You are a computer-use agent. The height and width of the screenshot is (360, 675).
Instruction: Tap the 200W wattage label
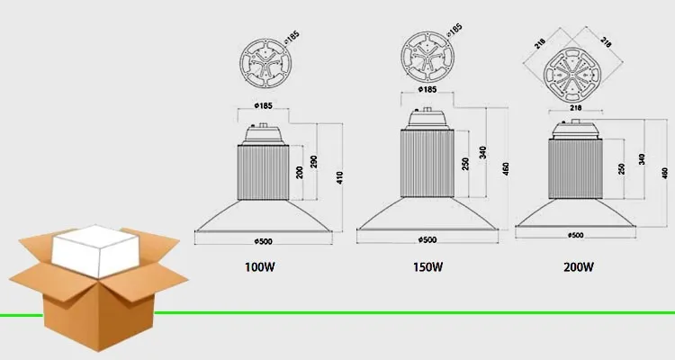(x=580, y=266)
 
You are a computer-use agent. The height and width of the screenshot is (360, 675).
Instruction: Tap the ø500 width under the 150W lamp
(x=427, y=239)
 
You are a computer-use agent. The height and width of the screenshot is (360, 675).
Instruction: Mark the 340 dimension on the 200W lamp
(x=641, y=159)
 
